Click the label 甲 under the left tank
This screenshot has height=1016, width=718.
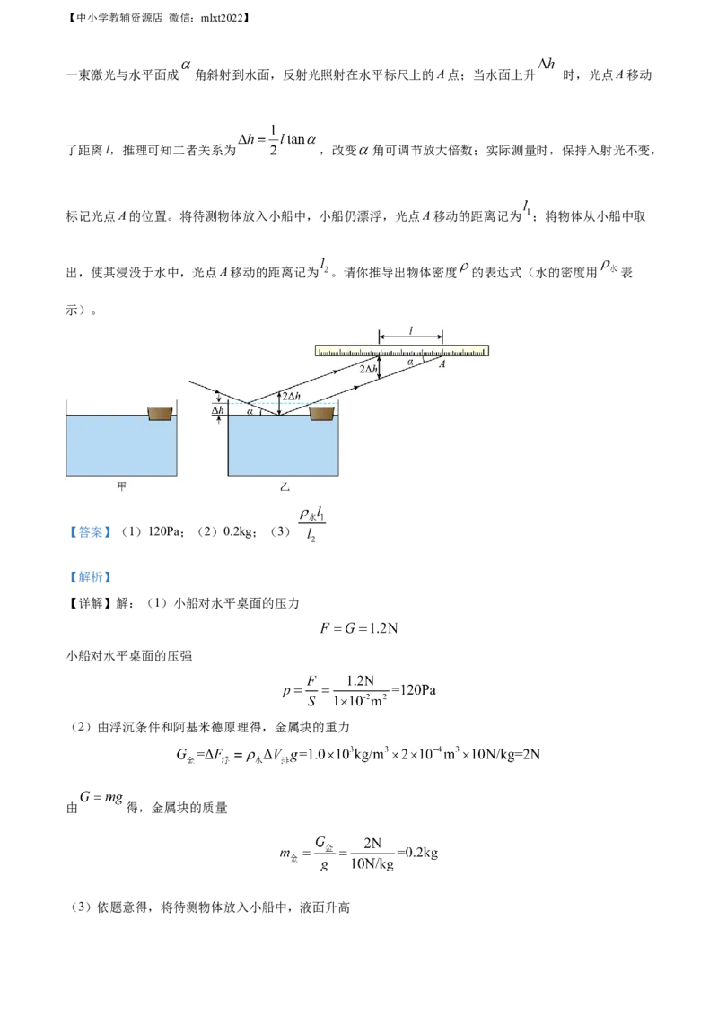pos(123,486)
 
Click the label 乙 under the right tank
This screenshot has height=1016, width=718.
pos(285,487)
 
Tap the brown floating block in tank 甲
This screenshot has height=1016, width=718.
pos(160,414)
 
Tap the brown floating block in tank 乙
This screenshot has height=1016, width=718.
pos(321,414)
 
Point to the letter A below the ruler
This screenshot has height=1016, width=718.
pos(442,364)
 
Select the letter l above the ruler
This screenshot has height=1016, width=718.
pos(410,330)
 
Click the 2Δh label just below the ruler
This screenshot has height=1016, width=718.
pos(367,369)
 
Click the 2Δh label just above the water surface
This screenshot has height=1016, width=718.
pos(291,396)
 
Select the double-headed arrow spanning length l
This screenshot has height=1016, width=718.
pos(410,338)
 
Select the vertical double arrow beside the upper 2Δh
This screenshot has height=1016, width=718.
pos(380,367)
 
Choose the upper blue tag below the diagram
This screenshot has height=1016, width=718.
pos(90,532)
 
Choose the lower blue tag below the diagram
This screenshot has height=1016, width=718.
pos(90,577)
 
